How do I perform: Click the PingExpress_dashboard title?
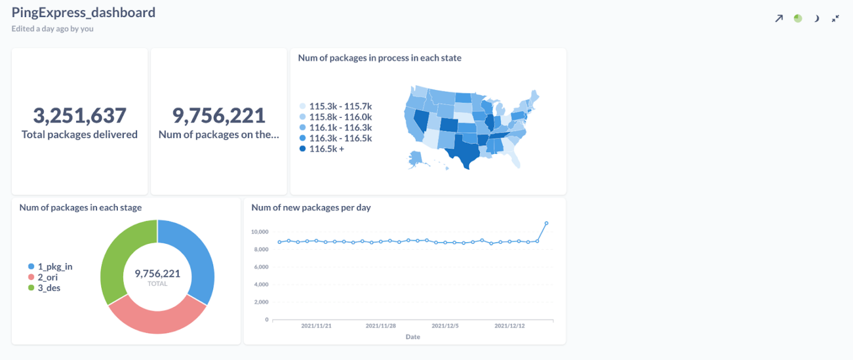click(x=84, y=12)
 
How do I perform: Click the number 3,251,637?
click(x=79, y=115)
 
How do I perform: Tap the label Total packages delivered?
click(x=79, y=134)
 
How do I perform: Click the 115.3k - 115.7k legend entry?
click(x=335, y=107)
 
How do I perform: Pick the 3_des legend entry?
click(x=47, y=288)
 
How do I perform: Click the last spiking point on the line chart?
click(x=546, y=223)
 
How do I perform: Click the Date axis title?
click(x=413, y=337)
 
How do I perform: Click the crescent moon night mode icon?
click(x=816, y=18)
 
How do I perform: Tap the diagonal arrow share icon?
click(x=779, y=18)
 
